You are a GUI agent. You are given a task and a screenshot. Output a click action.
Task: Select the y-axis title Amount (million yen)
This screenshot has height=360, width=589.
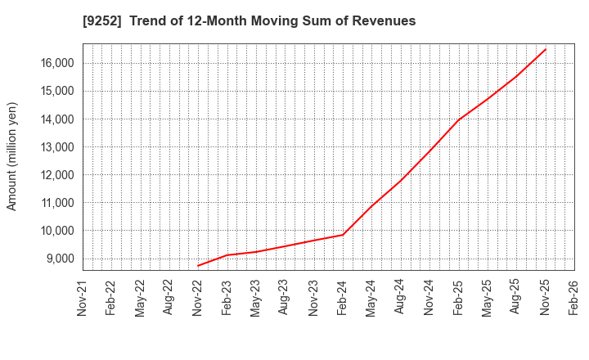(12, 156)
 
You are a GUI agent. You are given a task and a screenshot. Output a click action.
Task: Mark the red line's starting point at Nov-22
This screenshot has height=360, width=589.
(198, 265)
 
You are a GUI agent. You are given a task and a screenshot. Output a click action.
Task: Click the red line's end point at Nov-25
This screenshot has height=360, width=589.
(546, 49)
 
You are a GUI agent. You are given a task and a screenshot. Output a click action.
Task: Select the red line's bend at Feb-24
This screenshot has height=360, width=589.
(343, 235)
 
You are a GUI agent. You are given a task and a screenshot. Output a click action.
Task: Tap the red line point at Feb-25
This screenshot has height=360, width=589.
(458, 119)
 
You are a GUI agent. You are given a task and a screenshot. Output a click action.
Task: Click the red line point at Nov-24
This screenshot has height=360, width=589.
(429, 152)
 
